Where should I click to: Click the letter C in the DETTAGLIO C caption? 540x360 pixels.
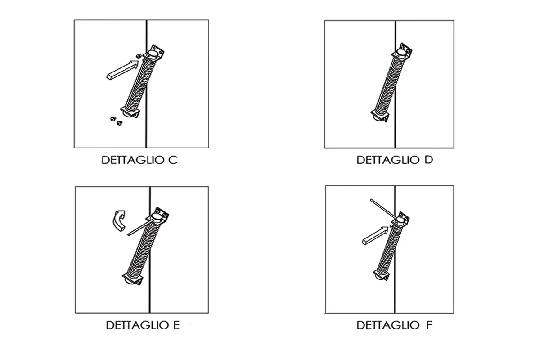173,160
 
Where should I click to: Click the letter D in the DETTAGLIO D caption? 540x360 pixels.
429,160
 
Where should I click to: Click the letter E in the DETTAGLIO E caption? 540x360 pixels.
176,325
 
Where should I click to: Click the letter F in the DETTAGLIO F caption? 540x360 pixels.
429,325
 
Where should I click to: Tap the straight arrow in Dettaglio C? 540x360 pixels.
122,70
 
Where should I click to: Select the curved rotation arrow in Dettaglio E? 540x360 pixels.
119,220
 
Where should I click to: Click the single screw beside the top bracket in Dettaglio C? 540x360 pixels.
139,56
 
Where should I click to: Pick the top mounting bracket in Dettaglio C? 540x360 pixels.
154,53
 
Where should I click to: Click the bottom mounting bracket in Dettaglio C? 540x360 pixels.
130,112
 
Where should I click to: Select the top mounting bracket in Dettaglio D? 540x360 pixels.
402,52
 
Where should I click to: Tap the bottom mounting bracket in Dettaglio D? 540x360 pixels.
380,116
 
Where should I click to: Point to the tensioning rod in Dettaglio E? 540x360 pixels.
140,227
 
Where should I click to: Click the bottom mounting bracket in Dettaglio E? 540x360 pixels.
133,279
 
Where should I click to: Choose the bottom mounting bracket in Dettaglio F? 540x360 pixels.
382,275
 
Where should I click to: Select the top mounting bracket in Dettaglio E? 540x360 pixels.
158,216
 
